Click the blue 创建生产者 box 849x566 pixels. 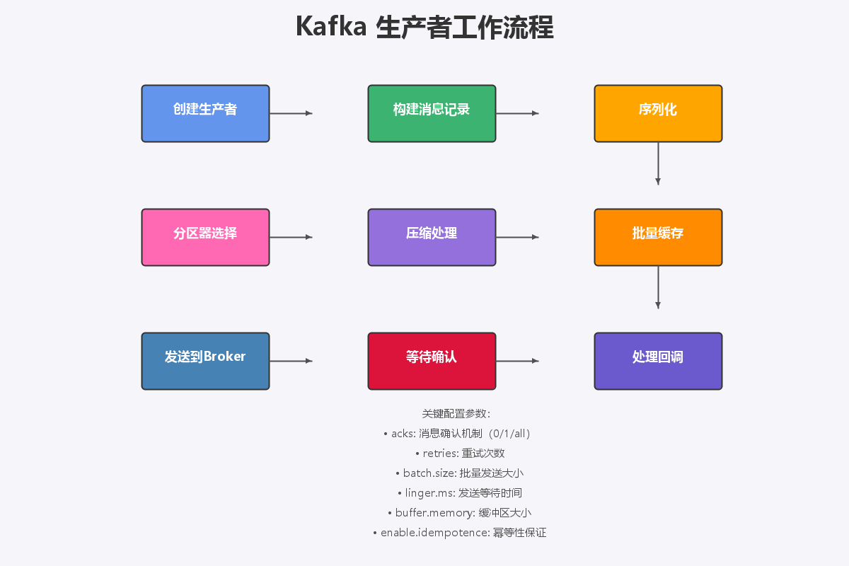click(205, 113)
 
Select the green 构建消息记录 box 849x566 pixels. click(432, 113)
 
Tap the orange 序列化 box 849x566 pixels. click(658, 113)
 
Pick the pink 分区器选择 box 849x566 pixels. click(205, 237)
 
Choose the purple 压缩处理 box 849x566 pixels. click(432, 237)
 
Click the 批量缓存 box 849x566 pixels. click(658, 237)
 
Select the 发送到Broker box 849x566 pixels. click(205, 361)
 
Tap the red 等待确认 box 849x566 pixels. click(432, 361)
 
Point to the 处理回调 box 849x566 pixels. click(658, 361)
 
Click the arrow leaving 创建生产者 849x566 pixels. click(291, 113)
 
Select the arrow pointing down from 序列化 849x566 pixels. click(658, 163)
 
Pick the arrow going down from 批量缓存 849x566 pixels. click(658, 287)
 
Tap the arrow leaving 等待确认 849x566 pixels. click(517, 361)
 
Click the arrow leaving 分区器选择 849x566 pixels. click(291, 237)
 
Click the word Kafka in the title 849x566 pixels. click(331, 28)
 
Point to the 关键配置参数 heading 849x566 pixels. click(456, 414)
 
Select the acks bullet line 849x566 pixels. click(456, 434)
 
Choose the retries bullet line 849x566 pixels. click(459, 454)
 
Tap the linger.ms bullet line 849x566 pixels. click(459, 493)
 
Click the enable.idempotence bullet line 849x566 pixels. click(459, 533)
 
